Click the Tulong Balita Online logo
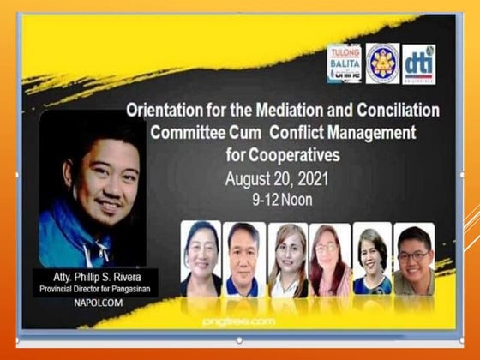pos(344,64)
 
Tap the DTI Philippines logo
pos(420,64)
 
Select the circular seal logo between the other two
pos(382,64)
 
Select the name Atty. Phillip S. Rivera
pos(92,277)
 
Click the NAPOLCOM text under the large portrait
pos(92,303)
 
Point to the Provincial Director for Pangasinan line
pos(92,289)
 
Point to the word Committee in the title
pos(189,134)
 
